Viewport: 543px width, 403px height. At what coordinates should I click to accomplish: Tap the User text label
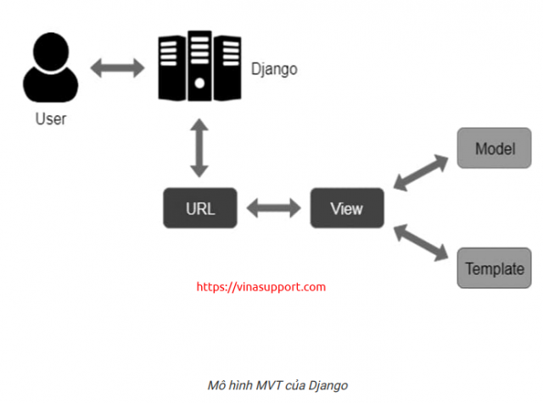[51, 119]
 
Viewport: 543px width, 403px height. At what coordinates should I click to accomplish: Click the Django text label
[275, 69]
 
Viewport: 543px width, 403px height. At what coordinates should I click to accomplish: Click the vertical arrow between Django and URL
[199, 148]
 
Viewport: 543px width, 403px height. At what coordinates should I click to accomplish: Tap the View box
[346, 208]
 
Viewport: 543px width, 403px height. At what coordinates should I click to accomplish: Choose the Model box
[495, 148]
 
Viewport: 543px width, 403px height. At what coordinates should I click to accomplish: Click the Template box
[495, 269]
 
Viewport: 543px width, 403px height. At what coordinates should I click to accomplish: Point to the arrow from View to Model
[420, 173]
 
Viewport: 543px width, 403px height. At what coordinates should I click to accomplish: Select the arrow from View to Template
[420, 240]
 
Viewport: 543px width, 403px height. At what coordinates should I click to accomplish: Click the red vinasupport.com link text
[261, 287]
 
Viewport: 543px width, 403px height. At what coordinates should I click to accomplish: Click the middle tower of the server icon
[199, 63]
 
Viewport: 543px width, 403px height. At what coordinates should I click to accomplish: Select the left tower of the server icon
[171, 65]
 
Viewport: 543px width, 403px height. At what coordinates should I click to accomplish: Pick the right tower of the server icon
[227, 65]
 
